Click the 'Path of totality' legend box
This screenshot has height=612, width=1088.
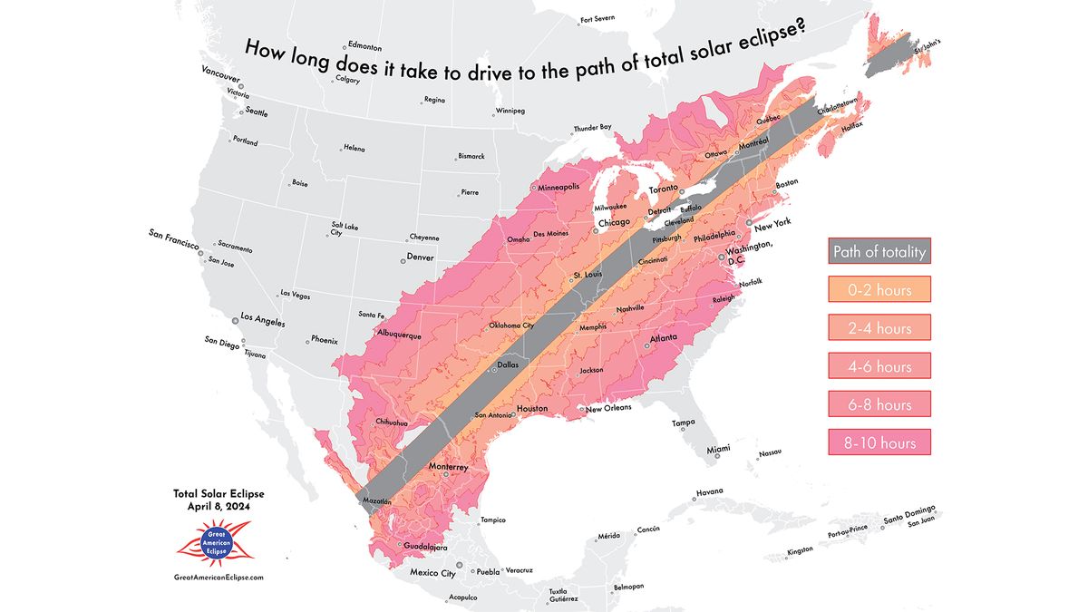point(879,251)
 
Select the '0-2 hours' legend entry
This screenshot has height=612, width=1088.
point(879,289)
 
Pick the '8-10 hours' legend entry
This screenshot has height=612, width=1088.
point(879,442)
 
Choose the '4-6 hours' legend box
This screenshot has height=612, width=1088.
point(879,365)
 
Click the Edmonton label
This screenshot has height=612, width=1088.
point(364,47)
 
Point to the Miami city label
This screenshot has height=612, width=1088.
point(719,449)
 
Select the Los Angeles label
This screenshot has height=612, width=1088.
point(261,322)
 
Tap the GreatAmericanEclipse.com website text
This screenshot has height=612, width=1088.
point(218,577)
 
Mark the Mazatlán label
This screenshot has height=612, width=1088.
point(376,500)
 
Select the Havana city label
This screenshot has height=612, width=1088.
point(708,493)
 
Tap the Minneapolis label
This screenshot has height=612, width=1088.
point(559,188)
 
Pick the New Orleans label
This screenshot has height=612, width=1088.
point(608,408)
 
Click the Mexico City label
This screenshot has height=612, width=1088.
point(432,573)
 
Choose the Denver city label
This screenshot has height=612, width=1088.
point(420,257)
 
